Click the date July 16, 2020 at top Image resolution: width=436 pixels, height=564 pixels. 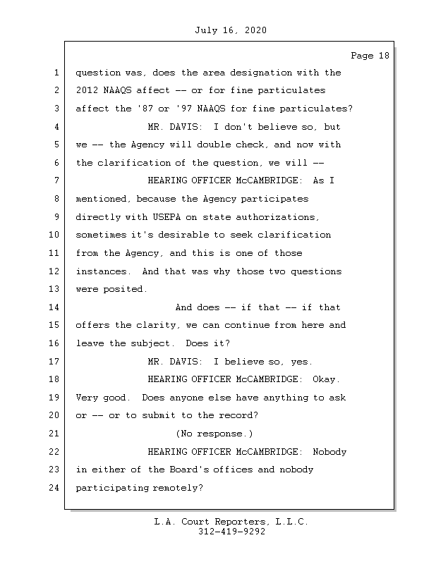click(x=230, y=30)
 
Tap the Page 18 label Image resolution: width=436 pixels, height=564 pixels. click(x=370, y=56)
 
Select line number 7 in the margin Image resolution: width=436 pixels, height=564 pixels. click(x=55, y=180)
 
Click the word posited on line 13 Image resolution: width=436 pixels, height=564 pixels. click(x=127, y=289)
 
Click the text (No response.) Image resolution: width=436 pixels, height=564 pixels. click(x=214, y=433)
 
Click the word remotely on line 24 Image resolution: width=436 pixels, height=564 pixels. click(x=178, y=488)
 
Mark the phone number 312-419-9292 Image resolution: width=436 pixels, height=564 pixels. click(x=231, y=532)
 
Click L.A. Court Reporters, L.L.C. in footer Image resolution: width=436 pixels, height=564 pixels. click(x=231, y=522)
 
